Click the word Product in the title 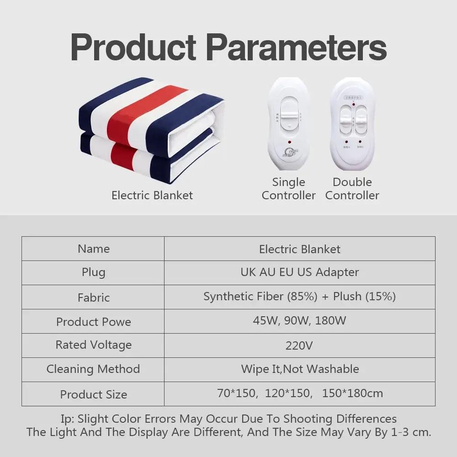(x=133, y=46)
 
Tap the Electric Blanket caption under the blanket (x=152, y=195)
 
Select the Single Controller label (x=288, y=189)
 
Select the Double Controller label (x=352, y=189)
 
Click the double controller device (x=352, y=124)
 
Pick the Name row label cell (x=93, y=249)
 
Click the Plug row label (x=93, y=272)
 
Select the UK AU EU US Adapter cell (x=299, y=272)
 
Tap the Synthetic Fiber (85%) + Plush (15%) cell (x=299, y=296)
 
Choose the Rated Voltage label (x=93, y=345)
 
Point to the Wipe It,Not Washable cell (x=299, y=369)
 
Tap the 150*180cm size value (x=352, y=393)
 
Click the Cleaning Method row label (x=93, y=369)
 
